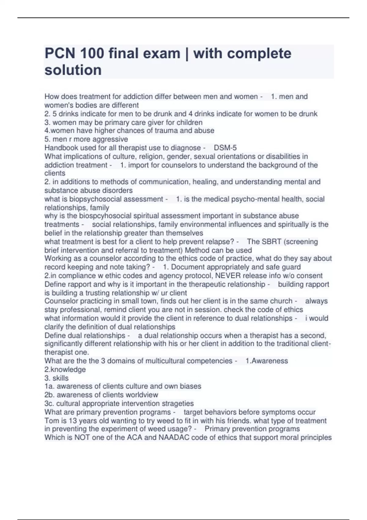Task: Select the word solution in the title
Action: pyautogui.click(x=73, y=70)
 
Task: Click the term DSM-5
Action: pyautogui.click(x=225, y=148)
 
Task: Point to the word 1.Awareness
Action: pyautogui.click(x=267, y=361)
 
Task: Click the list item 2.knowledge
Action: pyautogui.click(x=65, y=370)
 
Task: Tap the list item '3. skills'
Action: pyautogui.click(x=57, y=378)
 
